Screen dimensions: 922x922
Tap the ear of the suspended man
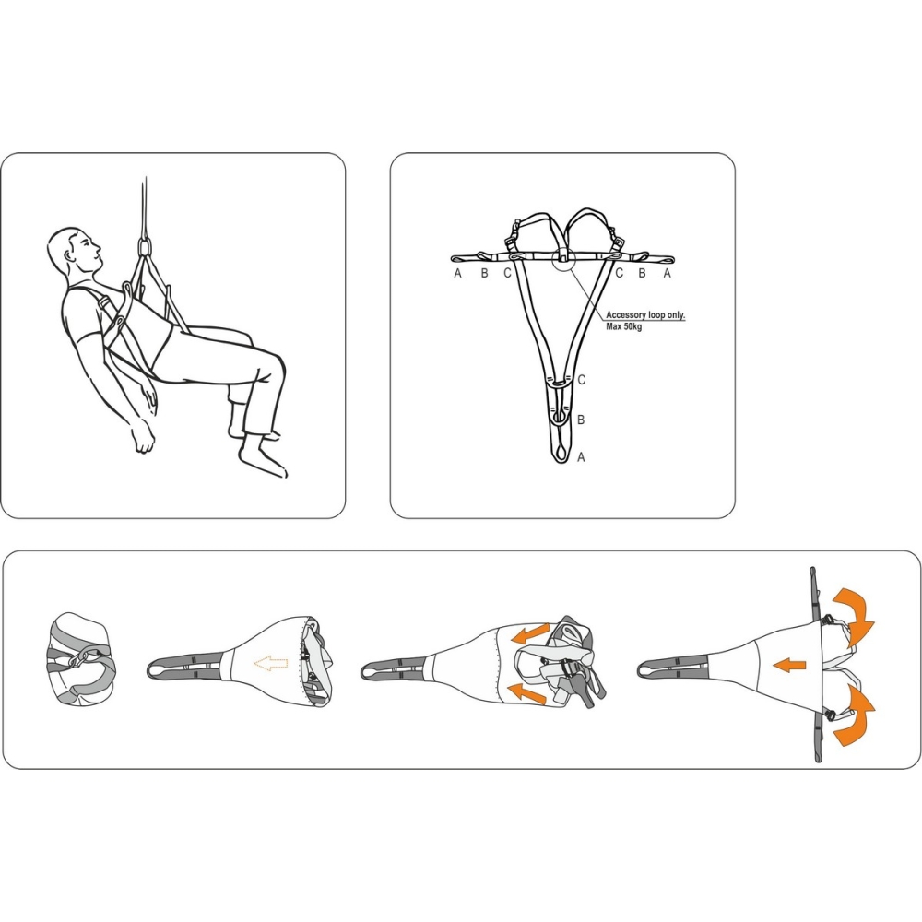pos(73,253)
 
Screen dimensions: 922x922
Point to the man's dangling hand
pos(144,436)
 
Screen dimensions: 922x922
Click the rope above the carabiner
pos(144,206)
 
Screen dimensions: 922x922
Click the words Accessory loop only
pos(645,315)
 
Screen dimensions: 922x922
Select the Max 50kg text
pos(624,326)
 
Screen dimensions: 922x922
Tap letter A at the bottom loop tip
pos(581,457)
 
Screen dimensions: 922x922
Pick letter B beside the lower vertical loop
pos(581,420)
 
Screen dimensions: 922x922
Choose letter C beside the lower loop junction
pos(582,380)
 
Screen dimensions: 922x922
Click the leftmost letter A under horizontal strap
pos(458,273)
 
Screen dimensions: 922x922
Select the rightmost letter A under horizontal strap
pos(667,273)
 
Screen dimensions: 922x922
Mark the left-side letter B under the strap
pos(484,273)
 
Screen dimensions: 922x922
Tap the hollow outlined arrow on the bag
pos(270,664)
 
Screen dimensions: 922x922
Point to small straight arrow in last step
pos(789,666)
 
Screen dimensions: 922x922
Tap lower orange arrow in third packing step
pos(526,693)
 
